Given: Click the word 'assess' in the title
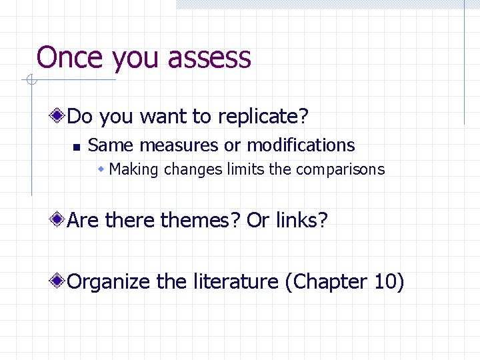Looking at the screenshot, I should coord(209,58).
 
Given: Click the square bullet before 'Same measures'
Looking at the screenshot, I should coord(76,147).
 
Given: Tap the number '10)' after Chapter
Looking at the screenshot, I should coord(389,282).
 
